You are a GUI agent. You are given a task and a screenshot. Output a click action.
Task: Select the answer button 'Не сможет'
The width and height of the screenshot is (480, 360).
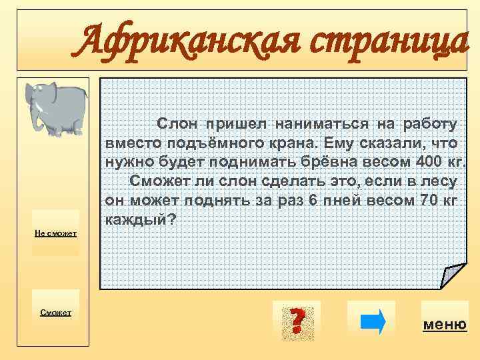click(x=56, y=233)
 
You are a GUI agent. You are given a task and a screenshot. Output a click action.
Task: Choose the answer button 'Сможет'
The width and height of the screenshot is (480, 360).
click(x=56, y=312)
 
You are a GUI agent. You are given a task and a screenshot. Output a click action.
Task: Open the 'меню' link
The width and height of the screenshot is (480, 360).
click(x=445, y=325)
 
